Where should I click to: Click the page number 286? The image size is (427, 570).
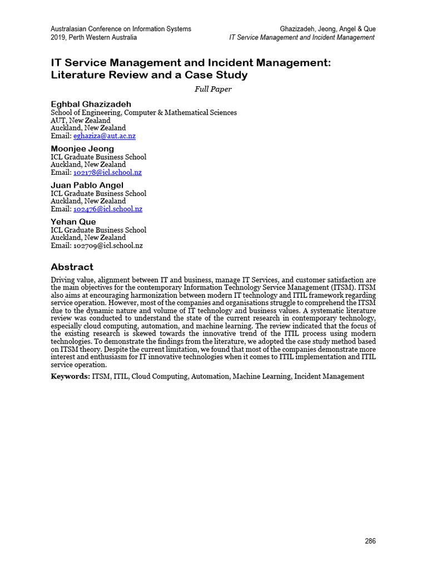pyautogui.click(x=370, y=541)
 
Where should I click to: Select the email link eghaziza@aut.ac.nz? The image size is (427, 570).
pyautogui.click(x=105, y=136)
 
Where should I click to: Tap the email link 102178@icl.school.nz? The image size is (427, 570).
pyautogui.click(x=107, y=173)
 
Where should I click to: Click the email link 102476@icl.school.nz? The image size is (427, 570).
pyautogui.click(x=108, y=209)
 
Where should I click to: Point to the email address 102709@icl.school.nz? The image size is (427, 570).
pyautogui.click(x=108, y=245)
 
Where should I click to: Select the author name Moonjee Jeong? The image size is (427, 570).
pyautogui.click(x=82, y=149)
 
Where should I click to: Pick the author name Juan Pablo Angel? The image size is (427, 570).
pyautogui.click(x=87, y=185)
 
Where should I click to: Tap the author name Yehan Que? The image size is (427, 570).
pyautogui.click(x=73, y=222)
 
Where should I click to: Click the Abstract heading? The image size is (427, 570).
pyautogui.click(x=72, y=267)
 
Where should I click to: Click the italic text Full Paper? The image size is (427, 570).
pyautogui.click(x=213, y=89)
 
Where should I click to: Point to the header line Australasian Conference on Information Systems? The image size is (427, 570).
pyautogui.click(x=121, y=29)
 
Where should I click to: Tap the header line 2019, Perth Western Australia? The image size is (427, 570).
pyautogui.click(x=93, y=37)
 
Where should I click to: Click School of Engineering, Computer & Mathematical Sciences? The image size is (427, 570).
pyautogui.click(x=143, y=112)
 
